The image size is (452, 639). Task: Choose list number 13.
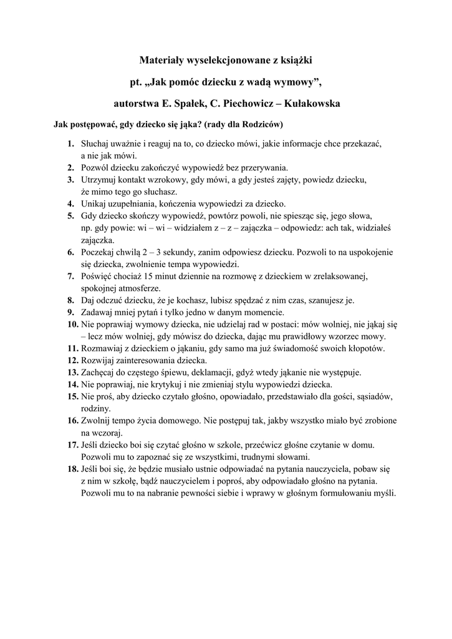[x=72, y=373]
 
